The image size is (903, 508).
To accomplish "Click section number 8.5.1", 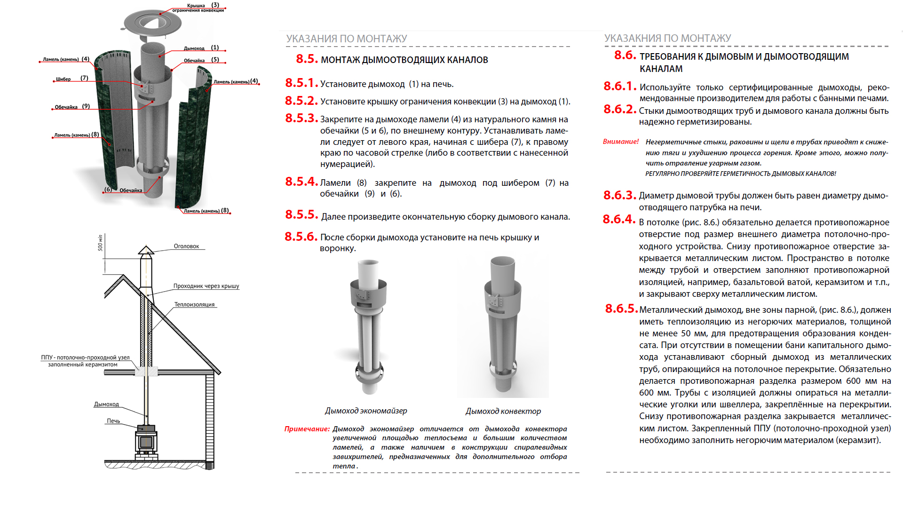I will click(x=301, y=83).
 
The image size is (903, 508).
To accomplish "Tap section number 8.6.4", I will click(x=619, y=220).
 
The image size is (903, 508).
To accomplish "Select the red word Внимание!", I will click(x=621, y=142).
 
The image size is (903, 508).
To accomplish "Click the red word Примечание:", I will click(x=307, y=429).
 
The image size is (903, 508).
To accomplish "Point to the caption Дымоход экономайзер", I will click(x=366, y=411).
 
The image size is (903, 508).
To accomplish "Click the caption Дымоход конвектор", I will click(x=503, y=412).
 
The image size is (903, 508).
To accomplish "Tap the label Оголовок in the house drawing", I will click(x=186, y=246).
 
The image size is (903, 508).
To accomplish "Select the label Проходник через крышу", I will click(x=206, y=286).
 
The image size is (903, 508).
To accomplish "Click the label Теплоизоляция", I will click(x=194, y=305).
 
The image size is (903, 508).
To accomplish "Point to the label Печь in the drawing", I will click(x=113, y=421).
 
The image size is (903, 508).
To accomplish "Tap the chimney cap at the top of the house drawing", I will click(x=146, y=250).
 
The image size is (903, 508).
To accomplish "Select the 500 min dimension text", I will click(x=100, y=243).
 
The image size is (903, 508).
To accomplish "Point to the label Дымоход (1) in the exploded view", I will click(x=201, y=48).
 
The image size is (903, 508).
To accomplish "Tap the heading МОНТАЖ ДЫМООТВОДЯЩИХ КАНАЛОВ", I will click(x=404, y=60).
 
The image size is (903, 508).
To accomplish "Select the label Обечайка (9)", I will click(x=72, y=107).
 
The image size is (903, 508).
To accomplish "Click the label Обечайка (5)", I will click(x=201, y=60).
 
